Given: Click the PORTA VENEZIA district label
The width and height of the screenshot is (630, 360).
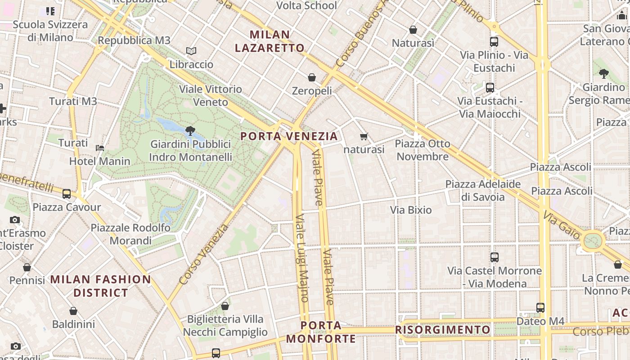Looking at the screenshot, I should point(289,136).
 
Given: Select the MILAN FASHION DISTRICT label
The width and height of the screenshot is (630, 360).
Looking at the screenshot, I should point(101,286).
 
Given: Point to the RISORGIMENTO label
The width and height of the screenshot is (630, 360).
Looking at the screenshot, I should point(443,330).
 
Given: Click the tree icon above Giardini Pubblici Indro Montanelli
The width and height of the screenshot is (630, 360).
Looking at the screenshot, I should point(190,131).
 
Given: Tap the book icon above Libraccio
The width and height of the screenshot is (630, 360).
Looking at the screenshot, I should point(191,51).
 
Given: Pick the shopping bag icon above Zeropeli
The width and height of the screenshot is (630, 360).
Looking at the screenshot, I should point(312,78).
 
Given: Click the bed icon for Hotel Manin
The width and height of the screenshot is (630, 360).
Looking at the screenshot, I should point(100,148).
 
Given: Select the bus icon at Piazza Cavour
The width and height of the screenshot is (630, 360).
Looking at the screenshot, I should point(67,194).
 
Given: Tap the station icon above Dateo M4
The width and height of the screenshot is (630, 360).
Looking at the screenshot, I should point(540,308).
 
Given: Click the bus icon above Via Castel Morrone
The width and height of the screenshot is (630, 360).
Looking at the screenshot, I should point(495,257).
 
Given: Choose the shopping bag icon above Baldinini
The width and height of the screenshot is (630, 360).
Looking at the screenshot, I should point(73,311).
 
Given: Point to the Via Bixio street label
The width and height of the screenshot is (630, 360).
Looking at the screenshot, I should point(411,210).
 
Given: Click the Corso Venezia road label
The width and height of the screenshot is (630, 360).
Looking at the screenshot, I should point(203,255).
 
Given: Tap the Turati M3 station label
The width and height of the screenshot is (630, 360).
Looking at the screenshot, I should point(73,101).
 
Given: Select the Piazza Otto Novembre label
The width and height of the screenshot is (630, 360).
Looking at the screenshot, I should point(423,150).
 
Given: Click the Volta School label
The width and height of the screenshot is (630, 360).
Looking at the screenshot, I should point(306,5).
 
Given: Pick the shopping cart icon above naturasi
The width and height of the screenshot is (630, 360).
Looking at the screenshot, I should point(364,136).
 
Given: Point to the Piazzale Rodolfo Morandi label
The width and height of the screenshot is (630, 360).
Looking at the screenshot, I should point(130,234).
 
